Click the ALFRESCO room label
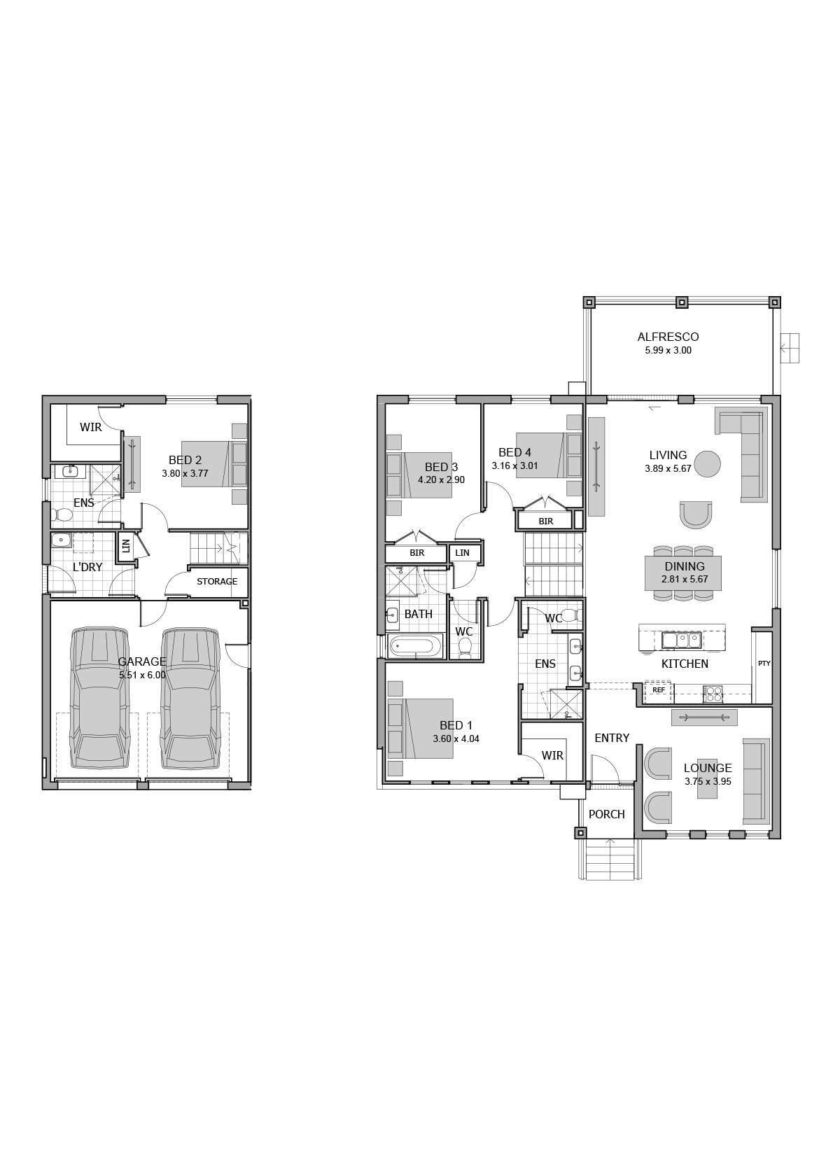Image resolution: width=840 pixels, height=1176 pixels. click(668, 337)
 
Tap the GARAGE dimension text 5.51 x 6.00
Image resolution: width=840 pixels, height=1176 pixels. click(142, 675)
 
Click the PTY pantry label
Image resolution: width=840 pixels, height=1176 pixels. click(763, 663)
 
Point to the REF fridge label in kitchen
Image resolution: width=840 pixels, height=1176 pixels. click(658, 690)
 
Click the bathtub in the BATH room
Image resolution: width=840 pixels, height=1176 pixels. click(416, 646)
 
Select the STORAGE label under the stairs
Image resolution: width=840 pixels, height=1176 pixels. click(216, 582)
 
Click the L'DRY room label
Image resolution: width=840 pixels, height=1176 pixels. click(87, 567)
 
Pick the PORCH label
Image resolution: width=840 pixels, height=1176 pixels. click(606, 814)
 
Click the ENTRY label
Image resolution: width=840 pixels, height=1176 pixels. click(611, 738)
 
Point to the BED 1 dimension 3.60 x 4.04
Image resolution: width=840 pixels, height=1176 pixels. click(456, 739)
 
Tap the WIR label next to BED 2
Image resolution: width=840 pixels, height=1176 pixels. click(90, 427)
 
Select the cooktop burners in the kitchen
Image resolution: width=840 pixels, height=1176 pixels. click(713, 694)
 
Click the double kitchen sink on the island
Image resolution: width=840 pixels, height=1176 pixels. click(681, 640)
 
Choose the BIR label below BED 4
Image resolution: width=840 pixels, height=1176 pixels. click(545, 521)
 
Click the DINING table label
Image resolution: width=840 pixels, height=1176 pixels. click(685, 567)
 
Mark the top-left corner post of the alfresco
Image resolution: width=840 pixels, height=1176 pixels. click(589, 302)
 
